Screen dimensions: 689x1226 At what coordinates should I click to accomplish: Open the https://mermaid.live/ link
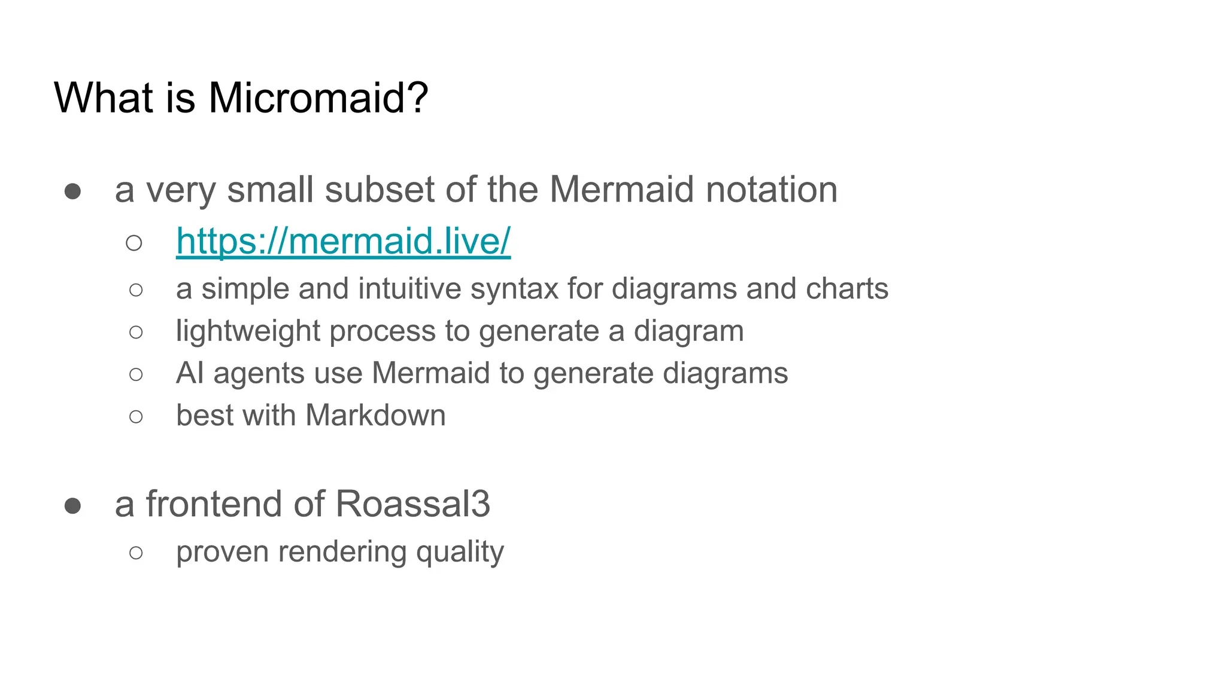tap(343, 241)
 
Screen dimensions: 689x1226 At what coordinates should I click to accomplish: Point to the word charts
tap(846, 289)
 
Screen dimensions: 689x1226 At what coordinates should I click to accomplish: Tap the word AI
tap(190, 373)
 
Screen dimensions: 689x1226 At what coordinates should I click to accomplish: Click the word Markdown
tap(375, 416)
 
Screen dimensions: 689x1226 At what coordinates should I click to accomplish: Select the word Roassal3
tap(412, 504)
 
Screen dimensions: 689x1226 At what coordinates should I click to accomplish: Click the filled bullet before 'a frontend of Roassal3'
tap(73, 506)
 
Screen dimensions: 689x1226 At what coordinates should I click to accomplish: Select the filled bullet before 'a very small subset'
tap(73, 191)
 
